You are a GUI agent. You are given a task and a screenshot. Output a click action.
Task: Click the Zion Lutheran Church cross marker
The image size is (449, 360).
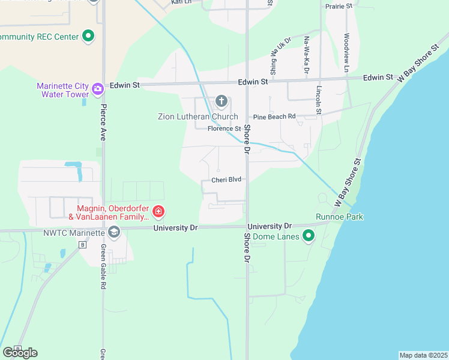point(221,101)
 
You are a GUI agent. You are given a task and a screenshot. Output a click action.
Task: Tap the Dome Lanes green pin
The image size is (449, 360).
point(309,235)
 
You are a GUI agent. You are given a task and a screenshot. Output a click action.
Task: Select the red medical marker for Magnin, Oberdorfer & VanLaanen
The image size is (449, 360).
point(158,211)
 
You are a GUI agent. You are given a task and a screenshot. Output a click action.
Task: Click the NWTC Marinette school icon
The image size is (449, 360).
point(113,232)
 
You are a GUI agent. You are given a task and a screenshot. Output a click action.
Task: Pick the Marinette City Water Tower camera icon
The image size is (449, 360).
point(97,89)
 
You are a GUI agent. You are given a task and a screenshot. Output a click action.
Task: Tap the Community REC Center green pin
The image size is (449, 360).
point(88,36)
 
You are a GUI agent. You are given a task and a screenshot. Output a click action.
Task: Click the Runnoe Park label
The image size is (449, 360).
point(340,217)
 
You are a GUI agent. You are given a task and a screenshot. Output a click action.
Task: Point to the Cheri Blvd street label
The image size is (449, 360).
point(226,179)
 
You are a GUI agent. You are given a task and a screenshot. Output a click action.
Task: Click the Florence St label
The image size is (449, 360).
point(224,129)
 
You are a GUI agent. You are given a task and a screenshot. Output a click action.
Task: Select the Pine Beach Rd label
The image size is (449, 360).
point(274,116)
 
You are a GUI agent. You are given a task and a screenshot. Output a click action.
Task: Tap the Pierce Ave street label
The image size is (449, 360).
point(103,123)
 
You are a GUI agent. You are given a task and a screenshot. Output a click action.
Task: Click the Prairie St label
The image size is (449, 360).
point(339,6)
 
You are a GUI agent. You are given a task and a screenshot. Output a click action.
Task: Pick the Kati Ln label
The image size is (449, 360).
point(180,2)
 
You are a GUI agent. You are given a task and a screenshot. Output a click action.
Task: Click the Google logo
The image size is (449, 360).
point(20,352)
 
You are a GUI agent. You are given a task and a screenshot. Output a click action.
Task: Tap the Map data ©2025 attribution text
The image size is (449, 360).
point(423,355)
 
